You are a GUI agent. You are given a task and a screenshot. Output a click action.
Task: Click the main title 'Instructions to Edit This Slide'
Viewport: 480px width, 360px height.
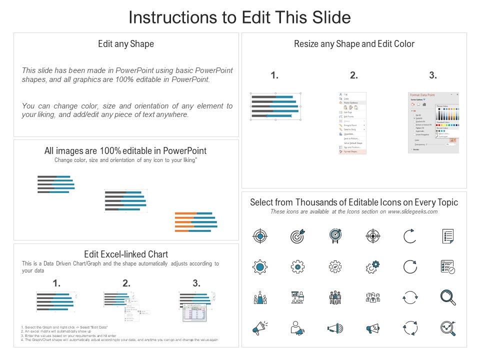coord(239,17)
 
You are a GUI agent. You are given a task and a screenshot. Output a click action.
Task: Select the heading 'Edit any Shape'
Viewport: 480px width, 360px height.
coord(126,44)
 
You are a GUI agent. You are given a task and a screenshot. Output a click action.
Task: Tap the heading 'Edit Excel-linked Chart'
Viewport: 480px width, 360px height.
coord(126,254)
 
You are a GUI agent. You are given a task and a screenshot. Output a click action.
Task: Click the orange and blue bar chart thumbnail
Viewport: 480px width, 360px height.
coord(196,222)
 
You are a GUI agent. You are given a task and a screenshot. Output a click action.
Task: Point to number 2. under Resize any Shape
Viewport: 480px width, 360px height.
coord(354,75)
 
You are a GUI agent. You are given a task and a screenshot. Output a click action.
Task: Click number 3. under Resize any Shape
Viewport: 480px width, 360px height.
coord(433,75)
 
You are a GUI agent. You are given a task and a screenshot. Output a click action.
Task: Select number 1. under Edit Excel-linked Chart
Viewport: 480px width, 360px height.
coord(56,283)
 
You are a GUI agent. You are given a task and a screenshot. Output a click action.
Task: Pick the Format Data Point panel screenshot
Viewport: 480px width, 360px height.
coord(433,122)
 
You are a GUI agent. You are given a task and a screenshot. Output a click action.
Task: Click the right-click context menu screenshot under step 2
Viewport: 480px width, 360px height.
coord(352,122)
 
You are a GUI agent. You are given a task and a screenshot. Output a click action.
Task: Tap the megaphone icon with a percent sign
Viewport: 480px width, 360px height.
coord(372,328)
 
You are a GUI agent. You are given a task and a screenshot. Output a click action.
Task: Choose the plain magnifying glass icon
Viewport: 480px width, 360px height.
coord(447,297)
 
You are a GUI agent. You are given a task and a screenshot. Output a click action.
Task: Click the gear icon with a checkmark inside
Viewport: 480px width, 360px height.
coord(335,267)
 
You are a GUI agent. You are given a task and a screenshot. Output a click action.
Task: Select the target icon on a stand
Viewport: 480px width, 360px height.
coord(335,236)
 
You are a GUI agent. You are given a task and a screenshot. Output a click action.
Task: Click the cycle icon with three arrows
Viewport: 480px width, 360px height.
coord(410,328)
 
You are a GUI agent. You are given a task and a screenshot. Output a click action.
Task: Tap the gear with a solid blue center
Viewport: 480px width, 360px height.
coord(260,267)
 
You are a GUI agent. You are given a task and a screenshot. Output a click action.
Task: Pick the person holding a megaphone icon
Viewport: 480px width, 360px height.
coord(297,328)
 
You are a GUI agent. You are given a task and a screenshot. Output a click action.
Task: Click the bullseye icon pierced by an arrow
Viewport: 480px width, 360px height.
coord(297,236)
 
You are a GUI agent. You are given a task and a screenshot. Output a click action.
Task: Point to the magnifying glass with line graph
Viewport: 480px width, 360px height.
coord(447,328)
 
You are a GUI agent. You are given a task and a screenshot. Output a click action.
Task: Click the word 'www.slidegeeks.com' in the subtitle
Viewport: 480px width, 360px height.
coord(413,212)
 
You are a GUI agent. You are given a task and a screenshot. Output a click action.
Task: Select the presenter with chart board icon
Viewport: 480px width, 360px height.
coord(297,297)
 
